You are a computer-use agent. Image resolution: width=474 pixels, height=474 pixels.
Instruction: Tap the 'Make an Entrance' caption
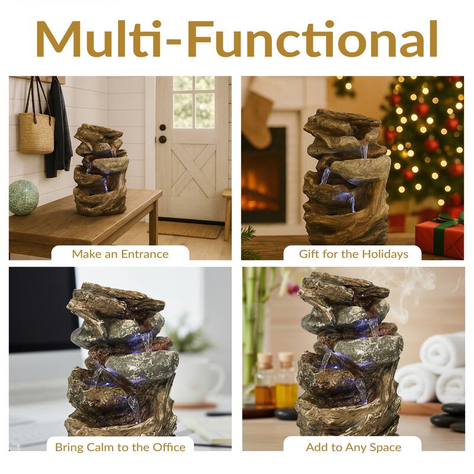(x=120, y=254)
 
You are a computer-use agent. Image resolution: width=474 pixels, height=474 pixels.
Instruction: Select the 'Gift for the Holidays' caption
(x=354, y=254)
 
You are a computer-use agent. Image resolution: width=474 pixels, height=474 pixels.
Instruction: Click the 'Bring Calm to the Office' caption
(x=120, y=447)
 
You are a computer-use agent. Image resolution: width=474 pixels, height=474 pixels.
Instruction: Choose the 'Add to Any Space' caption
(x=354, y=447)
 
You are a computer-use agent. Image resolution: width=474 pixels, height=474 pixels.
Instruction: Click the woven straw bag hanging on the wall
(x=36, y=132)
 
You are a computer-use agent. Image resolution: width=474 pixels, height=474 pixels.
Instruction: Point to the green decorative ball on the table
(x=24, y=197)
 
